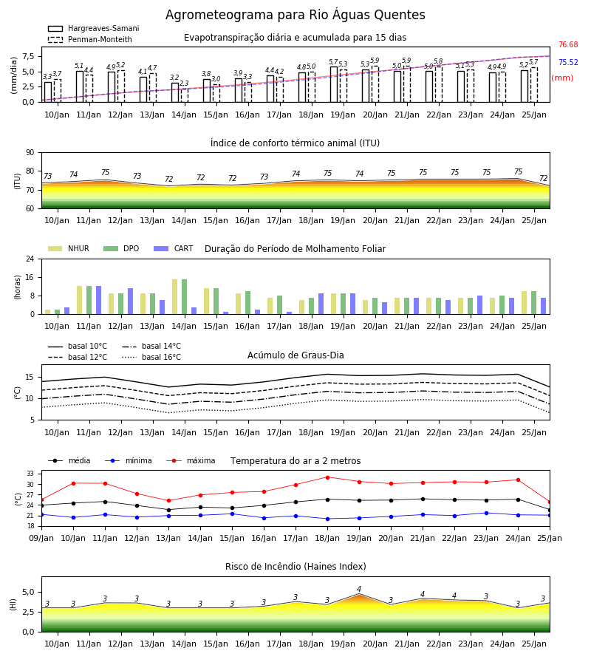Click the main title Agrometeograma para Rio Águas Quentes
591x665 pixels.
pyautogui.click(x=295, y=15)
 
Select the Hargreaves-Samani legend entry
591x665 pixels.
pyautogui.click(x=93, y=28)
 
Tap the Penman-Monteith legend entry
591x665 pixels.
pyautogui.click(x=90, y=39)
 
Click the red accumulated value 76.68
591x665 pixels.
pyautogui.click(x=568, y=44)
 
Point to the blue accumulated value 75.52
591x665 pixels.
pyautogui.click(x=568, y=62)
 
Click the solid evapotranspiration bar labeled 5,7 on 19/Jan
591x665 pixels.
pyautogui.click(x=334, y=84)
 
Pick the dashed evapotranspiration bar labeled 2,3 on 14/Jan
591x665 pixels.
pyautogui.click(x=185, y=95)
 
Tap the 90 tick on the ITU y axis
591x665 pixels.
pyautogui.click(x=30, y=153)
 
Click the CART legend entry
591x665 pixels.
pyautogui.click(x=174, y=248)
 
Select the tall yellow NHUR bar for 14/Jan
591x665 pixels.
pyautogui.click(x=174, y=297)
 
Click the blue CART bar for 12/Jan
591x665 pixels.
pyautogui.click(x=130, y=301)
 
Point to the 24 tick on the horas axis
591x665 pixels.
pyautogui.click(x=30, y=259)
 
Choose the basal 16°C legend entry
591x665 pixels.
pyautogui.click(x=151, y=357)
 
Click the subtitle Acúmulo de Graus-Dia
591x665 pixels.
pyautogui.click(x=295, y=355)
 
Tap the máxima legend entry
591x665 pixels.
pyautogui.click(x=191, y=460)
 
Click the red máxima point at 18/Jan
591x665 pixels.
pyautogui.click(x=327, y=477)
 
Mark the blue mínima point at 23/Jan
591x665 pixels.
pyautogui.click(x=486, y=514)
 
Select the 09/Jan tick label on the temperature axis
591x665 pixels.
pyautogui.click(x=41, y=538)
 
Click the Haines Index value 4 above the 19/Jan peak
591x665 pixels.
pyautogui.click(x=359, y=589)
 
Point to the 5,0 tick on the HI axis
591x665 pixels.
pyautogui.click(x=28, y=593)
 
